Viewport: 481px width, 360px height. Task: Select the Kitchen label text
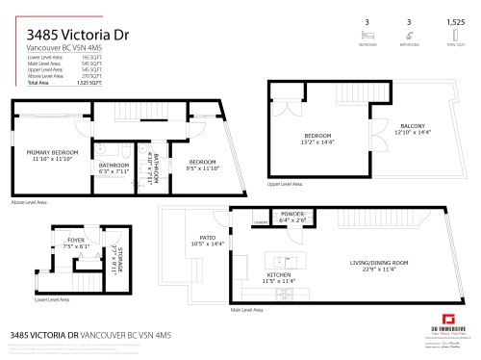pos(279,274)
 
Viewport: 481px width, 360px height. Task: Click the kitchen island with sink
pos(281,260)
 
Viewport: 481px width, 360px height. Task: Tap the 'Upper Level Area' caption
pos(285,183)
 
